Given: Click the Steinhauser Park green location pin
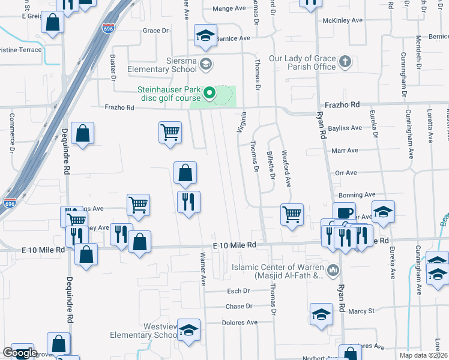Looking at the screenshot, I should (209, 93).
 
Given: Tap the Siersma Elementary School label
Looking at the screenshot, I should (162, 65).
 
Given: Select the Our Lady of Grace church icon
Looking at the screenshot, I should (345, 62).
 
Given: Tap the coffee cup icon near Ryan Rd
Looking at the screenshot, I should (345, 213).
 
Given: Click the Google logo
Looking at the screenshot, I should (20, 353).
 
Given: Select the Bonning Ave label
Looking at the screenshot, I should (358, 195).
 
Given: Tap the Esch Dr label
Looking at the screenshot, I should (238, 291).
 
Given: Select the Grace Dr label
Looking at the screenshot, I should (155, 31).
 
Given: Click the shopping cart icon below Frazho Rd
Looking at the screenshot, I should (170, 131).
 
